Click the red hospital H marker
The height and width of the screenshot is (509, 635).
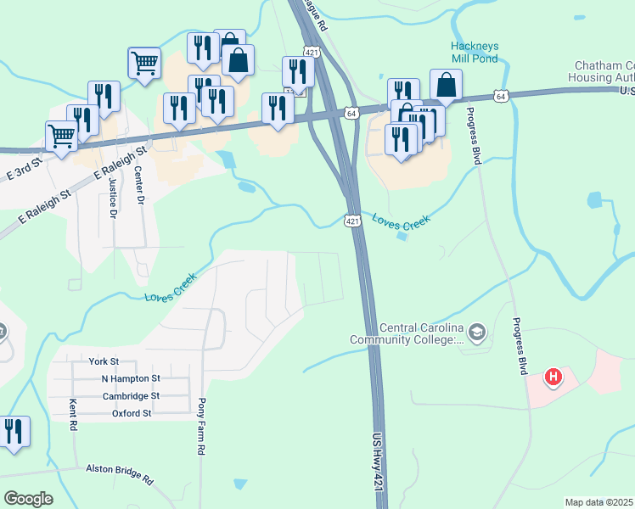tap(554, 375)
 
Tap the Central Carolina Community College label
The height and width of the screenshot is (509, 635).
tap(407, 334)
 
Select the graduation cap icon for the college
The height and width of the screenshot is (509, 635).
tap(477, 333)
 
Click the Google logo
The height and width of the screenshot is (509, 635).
tap(28, 498)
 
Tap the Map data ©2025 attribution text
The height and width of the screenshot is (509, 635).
tap(598, 502)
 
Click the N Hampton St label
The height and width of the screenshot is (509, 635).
tap(130, 378)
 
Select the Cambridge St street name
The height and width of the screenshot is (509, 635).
tap(131, 396)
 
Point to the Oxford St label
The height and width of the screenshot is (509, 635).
tap(132, 414)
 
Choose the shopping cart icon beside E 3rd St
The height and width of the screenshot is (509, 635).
tap(61, 136)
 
